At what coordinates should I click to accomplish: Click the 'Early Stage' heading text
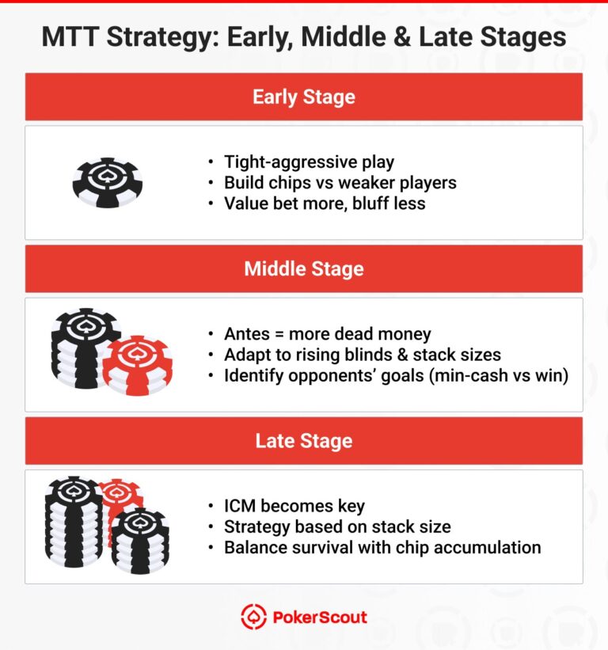(x=303, y=97)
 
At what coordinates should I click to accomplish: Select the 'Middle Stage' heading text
(x=303, y=269)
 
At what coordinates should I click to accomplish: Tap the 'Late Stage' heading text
(x=303, y=441)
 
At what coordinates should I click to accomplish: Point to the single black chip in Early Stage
(x=107, y=182)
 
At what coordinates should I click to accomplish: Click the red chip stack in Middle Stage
(x=137, y=366)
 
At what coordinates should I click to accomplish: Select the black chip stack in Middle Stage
(x=83, y=348)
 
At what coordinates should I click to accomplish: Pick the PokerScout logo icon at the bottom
(x=253, y=618)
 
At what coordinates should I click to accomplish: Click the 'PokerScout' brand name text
(x=319, y=618)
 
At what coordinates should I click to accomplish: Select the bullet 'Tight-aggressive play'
(x=309, y=162)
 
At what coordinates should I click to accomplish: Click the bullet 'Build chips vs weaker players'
(x=340, y=183)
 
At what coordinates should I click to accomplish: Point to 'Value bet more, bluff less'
(x=325, y=203)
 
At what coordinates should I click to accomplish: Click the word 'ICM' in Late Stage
(x=241, y=506)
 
